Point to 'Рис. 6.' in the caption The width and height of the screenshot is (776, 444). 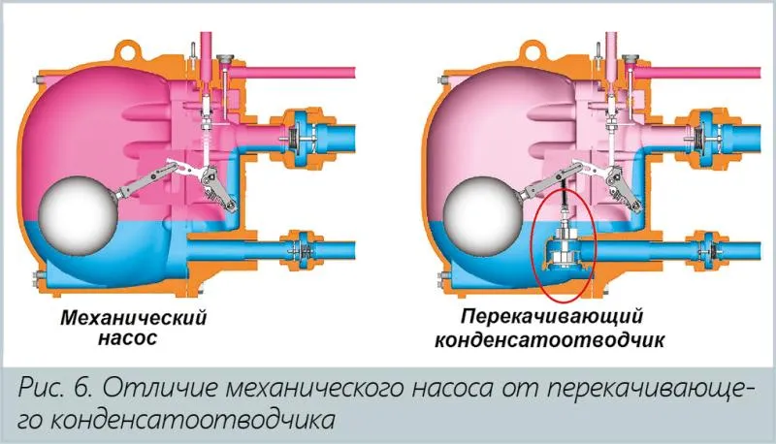(x=59, y=389)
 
